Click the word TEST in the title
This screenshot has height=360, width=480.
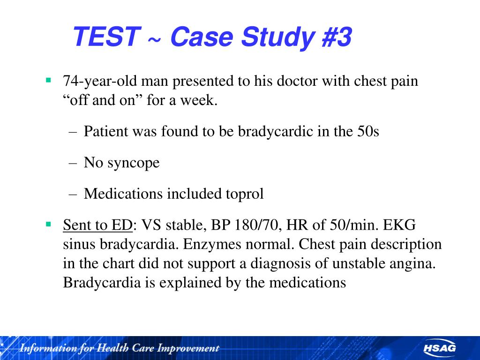coord(106,37)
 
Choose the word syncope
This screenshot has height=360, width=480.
coord(134,163)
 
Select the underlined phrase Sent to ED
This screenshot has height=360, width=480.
coord(97,225)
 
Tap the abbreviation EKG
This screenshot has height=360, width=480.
coord(399,225)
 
